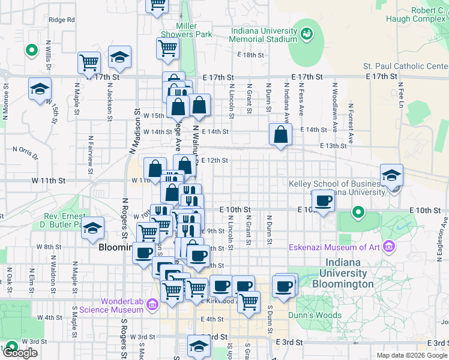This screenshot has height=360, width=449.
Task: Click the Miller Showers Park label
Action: [x=194, y=30]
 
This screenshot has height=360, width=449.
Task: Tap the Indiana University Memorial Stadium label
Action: [x=263, y=35]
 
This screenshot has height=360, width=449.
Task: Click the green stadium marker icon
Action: [x=307, y=32]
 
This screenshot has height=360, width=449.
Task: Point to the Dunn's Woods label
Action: [x=319, y=315]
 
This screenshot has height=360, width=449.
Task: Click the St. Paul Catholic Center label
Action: [x=406, y=66]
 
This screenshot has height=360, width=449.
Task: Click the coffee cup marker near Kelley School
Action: [x=324, y=201]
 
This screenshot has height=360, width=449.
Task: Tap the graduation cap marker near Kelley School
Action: [x=391, y=175]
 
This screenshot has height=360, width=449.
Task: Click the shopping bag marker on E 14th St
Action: [x=280, y=134]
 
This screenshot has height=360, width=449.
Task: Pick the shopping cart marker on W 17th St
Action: [x=89, y=62]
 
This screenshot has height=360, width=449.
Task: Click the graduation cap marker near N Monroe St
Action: [x=40, y=89]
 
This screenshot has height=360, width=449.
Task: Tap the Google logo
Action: [x=20, y=353]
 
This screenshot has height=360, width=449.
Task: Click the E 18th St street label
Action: [x=250, y=55]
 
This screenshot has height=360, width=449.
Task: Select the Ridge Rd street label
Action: [x=62, y=20]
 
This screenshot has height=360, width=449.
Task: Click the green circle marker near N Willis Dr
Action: [x=29, y=49]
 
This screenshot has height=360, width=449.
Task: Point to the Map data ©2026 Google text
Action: [x=411, y=355]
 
